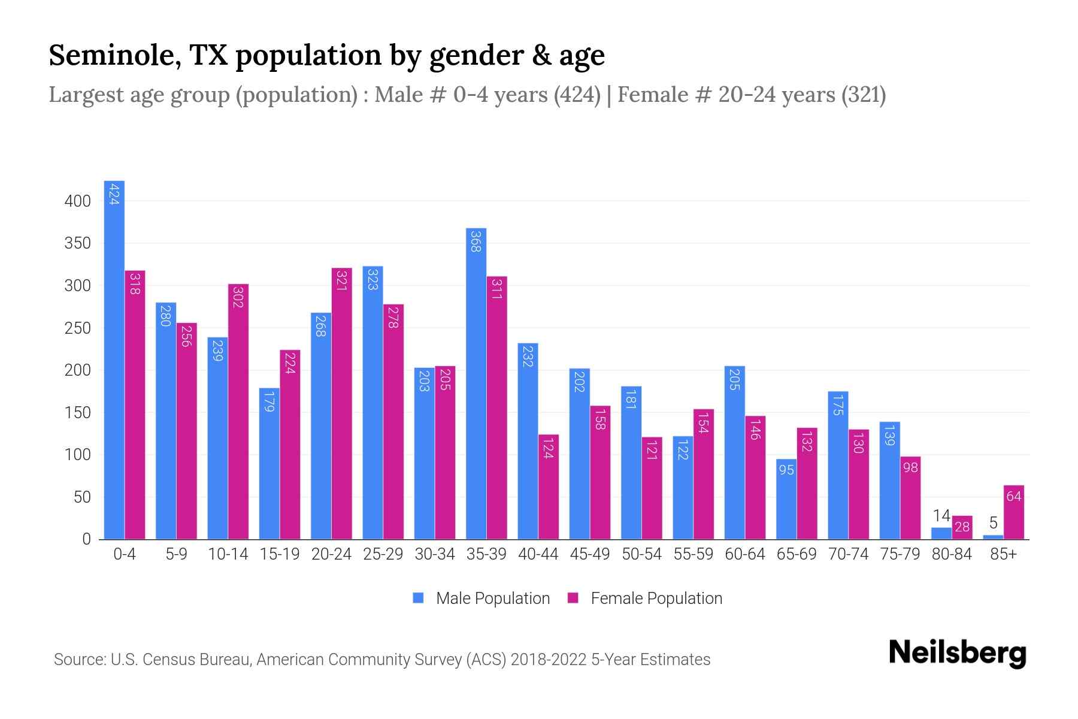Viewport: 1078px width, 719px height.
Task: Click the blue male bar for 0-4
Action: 114,359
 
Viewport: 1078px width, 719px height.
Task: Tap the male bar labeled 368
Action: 476,383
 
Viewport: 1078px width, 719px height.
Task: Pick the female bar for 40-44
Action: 548,487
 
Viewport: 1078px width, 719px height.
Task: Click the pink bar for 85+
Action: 1013,512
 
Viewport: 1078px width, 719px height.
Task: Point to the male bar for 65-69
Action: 786,499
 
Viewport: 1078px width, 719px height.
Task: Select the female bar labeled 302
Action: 238,412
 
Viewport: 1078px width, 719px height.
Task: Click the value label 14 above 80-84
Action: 941,516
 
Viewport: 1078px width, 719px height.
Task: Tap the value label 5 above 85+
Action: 993,523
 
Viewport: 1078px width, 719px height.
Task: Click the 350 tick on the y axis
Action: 78,243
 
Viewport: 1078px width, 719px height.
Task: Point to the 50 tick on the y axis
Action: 82,497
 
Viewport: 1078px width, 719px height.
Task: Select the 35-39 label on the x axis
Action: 486,554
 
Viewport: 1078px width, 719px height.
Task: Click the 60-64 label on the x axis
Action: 744,554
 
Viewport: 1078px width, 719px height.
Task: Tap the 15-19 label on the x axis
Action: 280,554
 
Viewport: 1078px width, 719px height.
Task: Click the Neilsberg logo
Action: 957,653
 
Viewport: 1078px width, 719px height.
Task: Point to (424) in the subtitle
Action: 577,95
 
